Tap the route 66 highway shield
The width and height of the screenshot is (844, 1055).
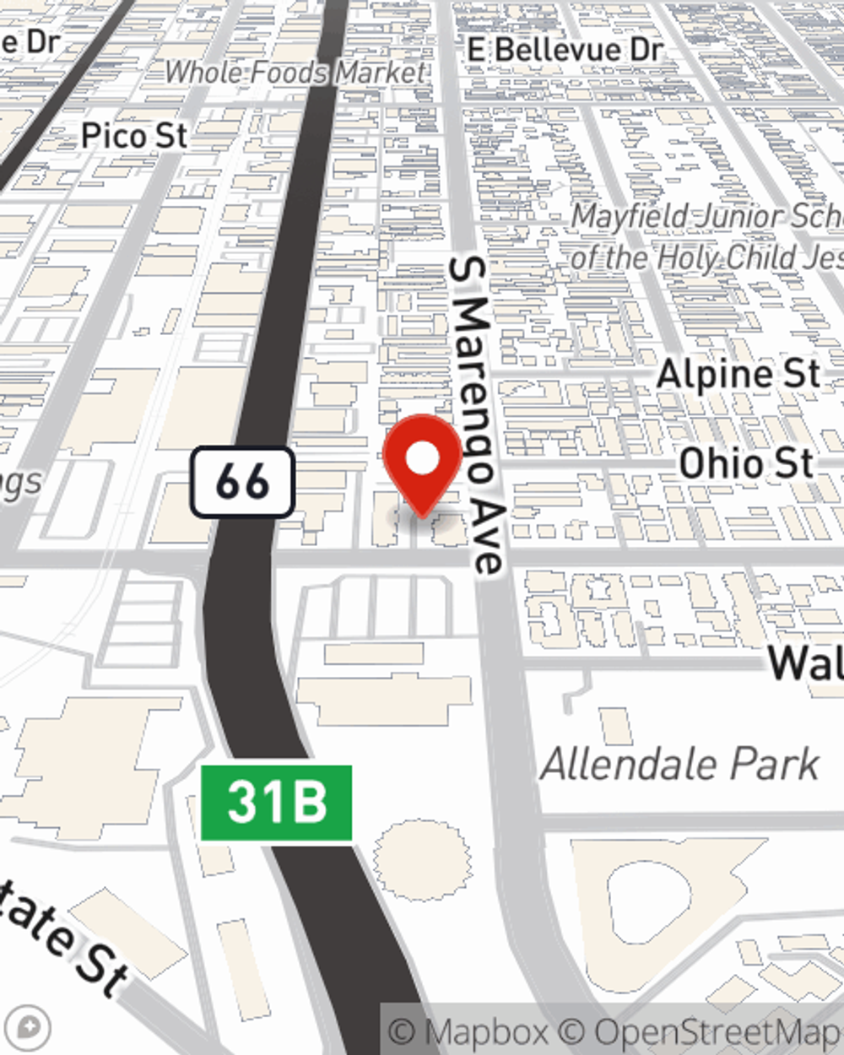coord(242,483)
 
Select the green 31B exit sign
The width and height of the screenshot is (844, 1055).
coord(276,803)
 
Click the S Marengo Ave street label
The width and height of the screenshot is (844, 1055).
coord(476,414)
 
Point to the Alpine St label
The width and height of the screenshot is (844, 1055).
coord(738,375)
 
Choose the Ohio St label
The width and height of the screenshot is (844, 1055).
coord(746,463)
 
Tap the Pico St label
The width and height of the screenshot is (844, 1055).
coord(134,136)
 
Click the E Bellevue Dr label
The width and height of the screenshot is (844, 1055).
coord(565,50)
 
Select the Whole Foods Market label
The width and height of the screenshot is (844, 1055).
coord(295,73)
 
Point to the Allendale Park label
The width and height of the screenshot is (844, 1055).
coord(679,765)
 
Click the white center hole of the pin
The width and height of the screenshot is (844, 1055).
coord(422,458)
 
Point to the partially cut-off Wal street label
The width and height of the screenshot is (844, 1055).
coord(806,663)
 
